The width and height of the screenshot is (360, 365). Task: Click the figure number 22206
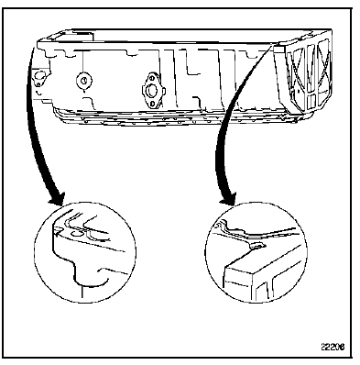coord(333,347)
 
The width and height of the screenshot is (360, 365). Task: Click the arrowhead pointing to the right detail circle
coord(227,199)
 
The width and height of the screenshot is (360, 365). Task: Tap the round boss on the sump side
coord(84,81)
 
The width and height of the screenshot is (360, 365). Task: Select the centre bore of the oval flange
coord(151,91)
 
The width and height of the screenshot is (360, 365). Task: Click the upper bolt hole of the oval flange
coord(151,78)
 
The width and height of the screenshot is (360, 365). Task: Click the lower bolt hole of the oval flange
coord(152,105)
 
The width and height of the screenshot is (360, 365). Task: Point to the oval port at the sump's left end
coord(39,75)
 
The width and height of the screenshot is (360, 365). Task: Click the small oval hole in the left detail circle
coord(75,233)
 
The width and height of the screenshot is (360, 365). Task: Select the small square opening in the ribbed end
coord(311,102)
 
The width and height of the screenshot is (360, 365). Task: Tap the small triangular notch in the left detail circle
coord(57,233)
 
